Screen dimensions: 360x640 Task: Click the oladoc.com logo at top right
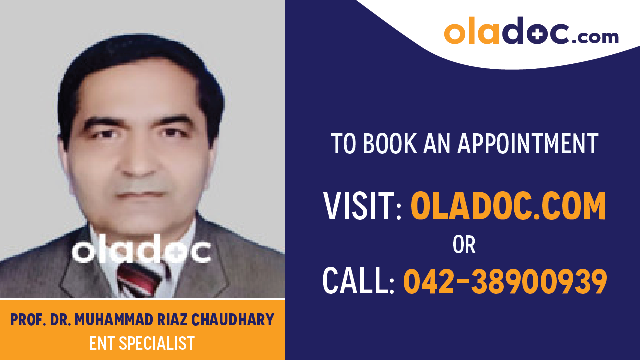[531, 32]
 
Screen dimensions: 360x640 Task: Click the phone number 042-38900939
[505, 281]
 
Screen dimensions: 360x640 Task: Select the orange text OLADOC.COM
[508, 206]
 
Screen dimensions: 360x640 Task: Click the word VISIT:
[363, 206]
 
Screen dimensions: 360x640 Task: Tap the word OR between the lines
[464, 245]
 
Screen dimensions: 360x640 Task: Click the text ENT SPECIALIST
[142, 344]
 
